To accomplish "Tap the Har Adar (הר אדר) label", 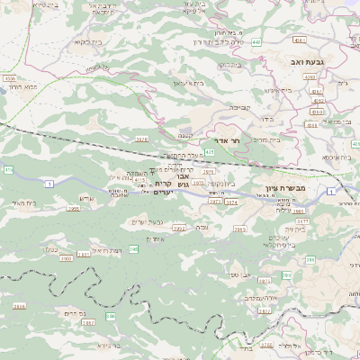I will pos(225,140).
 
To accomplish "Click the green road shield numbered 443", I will pos(256,41).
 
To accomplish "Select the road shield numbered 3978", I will pos(141,139).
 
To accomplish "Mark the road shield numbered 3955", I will pos(75,208).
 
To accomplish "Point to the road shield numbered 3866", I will pos(18,307).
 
